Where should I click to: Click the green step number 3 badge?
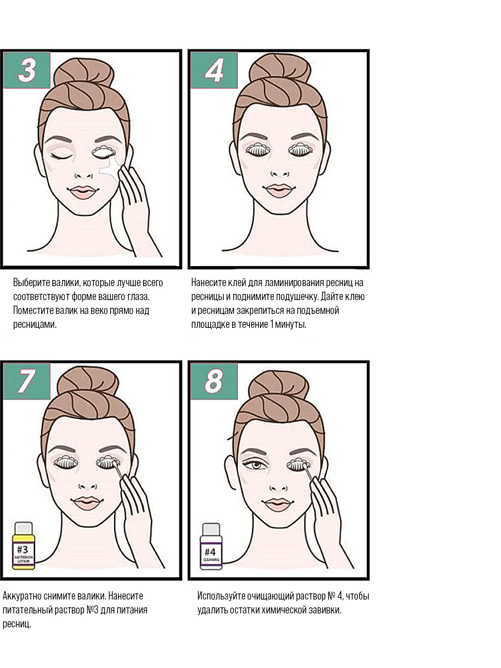tap(27, 70)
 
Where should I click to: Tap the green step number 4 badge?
tap(214, 70)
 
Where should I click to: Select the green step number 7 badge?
tap(27, 381)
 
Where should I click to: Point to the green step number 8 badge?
tap(214, 381)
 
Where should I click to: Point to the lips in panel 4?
tap(279, 191)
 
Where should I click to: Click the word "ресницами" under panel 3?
tap(35, 325)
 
